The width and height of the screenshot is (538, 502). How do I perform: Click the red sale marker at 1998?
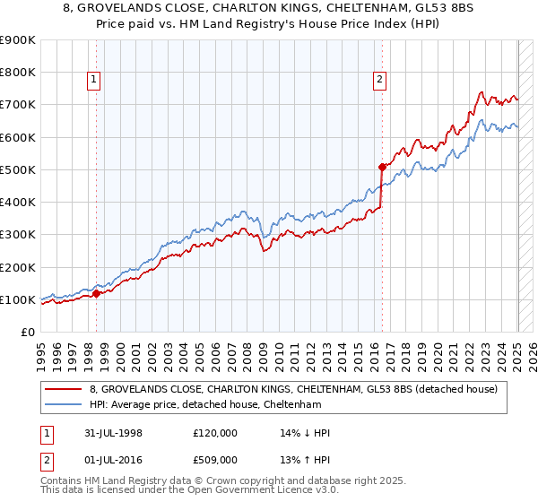click(97, 293)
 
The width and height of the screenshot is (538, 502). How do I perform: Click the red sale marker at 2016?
click(382, 167)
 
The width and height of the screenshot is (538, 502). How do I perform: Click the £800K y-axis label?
click(18, 72)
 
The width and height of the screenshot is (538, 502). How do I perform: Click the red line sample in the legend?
click(63, 388)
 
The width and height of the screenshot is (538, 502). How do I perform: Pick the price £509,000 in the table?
click(215, 460)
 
